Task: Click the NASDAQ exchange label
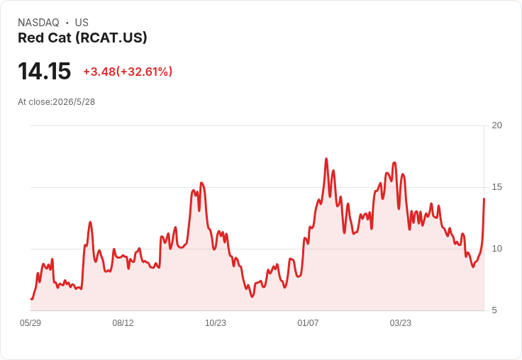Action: click(38, 23)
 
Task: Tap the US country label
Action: click(82, 23)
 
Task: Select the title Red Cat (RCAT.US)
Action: click(82, 38)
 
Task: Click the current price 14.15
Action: click(44, 71)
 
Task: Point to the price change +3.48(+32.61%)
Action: click(128, 72)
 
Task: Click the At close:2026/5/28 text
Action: click(56, 102)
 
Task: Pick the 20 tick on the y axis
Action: click(496, 125)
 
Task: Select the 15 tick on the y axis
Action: click(496, 187)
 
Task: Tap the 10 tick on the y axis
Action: click(496, 249)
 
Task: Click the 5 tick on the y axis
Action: click(494, 310)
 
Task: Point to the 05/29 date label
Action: click(30, 323)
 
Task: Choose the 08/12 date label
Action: click(123, 323)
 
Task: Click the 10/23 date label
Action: click(216, 323)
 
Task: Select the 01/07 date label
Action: click(308, 323)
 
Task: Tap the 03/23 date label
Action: click(401, 323)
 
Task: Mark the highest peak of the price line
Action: click(326, 159)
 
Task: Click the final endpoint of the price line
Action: click(484, 198)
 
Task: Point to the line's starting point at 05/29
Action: click(31, 299)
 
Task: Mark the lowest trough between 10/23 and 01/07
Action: click(252, 296)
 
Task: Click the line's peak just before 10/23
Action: click(201, 183)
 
